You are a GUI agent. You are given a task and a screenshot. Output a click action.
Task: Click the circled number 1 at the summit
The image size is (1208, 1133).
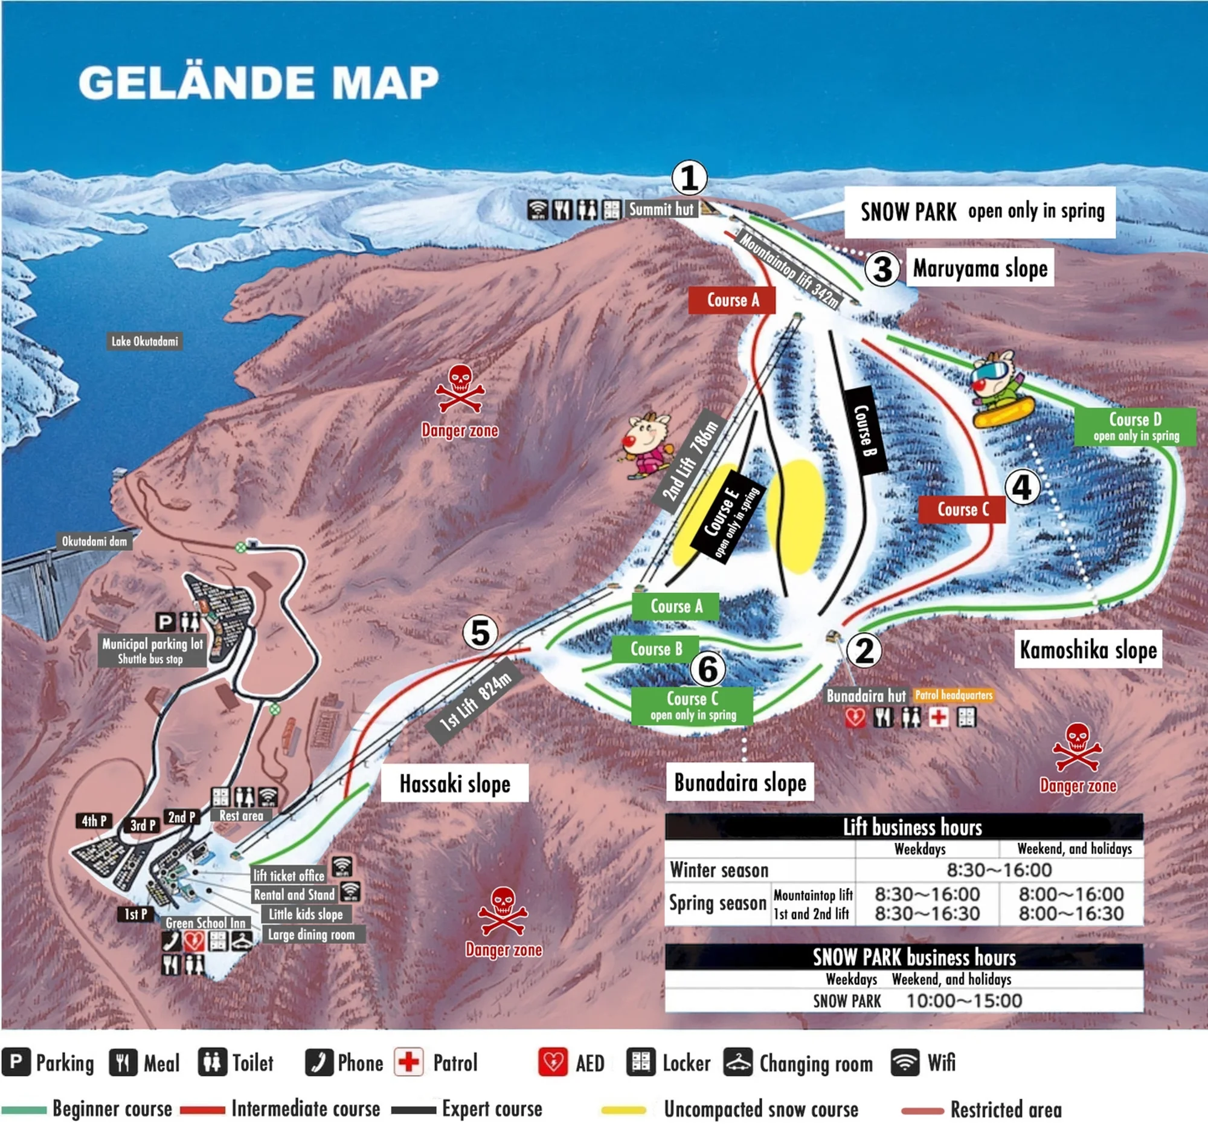pyautogui.click(x=689, y=178)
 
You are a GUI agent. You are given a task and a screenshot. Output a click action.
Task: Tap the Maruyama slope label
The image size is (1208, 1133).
pyautogui.click(x=980, y=268)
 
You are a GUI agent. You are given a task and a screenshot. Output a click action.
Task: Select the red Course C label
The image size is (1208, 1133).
pyautogui.click(x=962, y=509)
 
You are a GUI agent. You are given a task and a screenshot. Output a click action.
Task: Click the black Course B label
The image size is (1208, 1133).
pyautogui.click(x=866, y=430)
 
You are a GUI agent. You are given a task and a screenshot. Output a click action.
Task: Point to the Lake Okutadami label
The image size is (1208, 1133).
pyautogui.click(x=144, y=341)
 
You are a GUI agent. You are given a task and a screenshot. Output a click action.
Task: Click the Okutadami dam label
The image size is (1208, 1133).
pyautogui.click(x=94, y=541)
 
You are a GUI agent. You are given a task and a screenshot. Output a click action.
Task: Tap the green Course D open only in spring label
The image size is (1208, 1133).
pyautogui.click(x=1135, y=427)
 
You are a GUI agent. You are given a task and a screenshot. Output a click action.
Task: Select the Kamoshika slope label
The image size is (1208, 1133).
pyautogui.click(x=1088, y=650)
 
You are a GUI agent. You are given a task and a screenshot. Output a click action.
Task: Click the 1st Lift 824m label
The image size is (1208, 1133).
pyautogui.click(x=476, y=703)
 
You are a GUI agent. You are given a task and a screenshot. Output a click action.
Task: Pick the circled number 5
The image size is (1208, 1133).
pyautogui.click(x=480, y=633)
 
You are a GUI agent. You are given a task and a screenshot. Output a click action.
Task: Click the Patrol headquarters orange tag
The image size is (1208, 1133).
pyautogui.click(x=953, y=695)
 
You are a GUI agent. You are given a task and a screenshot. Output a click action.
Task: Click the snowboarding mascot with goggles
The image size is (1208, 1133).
pyautogui.click(x=999, y=389)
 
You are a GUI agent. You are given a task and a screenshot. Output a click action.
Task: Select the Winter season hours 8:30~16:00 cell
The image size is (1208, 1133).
pyautogui.click(x=998, y=870)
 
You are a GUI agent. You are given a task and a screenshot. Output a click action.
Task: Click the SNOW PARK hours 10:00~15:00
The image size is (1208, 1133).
pyautogui.click(x=964, y=1001)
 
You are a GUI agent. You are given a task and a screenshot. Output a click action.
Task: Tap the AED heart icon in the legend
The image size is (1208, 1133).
pyautogui.click(x=552, y=1062)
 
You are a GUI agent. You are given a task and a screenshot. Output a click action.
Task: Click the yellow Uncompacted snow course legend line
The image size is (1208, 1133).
pyautogui.click(x=623, y=1110)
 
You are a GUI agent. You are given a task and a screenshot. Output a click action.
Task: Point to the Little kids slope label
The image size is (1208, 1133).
pyautogui.click(x=306, y=914)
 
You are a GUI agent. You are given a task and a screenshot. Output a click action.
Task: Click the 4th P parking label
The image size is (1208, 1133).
pyautogui.click(x=94, y=821)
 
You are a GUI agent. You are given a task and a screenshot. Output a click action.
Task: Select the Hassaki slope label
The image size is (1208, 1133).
pyautogui.click(x=455, y=784)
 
